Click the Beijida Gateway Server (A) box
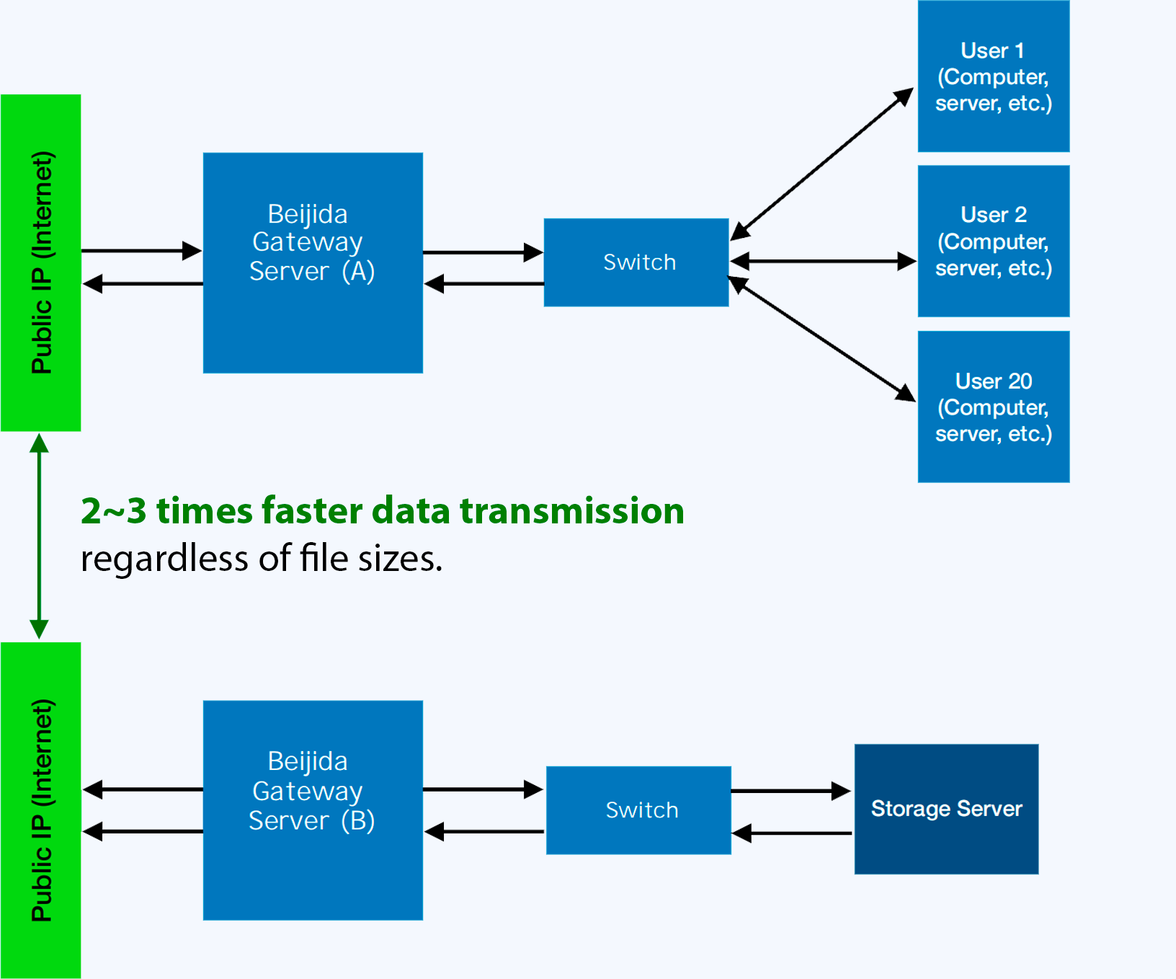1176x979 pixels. pos(313,262)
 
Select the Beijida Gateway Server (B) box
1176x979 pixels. pos(313,810)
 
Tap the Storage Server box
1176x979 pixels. pos(946,809)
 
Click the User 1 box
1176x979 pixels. pos(994,76)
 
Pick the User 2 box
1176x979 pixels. pos(994,241)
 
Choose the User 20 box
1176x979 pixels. pos(994,407)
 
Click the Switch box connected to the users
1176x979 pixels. pos(636,262)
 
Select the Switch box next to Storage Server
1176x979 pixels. pos(638,810)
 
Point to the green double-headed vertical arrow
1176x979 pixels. pos(39,536)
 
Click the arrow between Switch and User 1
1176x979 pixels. pos(822,164)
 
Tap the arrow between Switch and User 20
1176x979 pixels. pos(822,339)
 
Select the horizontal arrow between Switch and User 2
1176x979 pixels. pos(823,261)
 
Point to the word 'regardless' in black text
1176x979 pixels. pos(165,559)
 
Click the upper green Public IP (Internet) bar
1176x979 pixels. pos(41,262)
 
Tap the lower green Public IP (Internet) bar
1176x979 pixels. pos(41,810)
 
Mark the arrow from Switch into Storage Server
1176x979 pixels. pos(791,791)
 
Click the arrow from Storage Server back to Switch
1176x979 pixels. pos(792,833)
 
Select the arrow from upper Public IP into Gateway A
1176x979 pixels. pos(142,251)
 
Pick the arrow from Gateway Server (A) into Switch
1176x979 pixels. pos(484,252)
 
